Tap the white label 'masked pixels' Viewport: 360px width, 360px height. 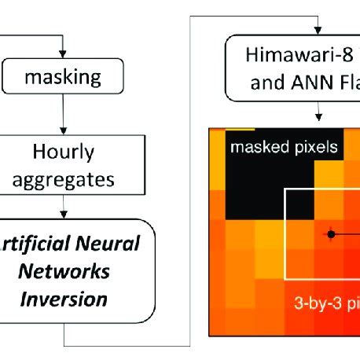click(x=283, y=147)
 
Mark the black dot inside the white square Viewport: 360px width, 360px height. click(x=332, y=233)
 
